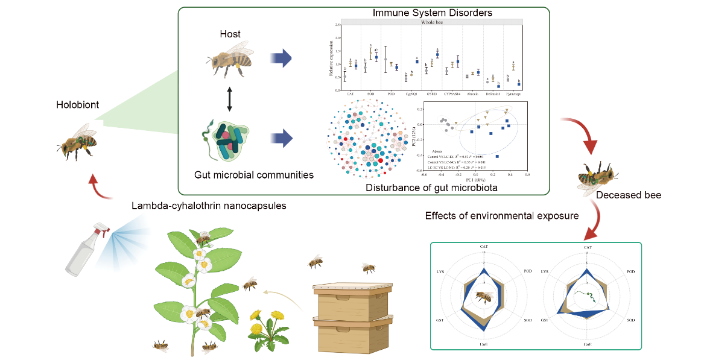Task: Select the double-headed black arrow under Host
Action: click(x=229, y=99)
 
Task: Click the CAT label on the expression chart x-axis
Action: click(x=350, y=93)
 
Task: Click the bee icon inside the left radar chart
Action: click(x=483, y=296)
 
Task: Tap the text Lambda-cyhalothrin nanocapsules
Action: click(x=209, y=206)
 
